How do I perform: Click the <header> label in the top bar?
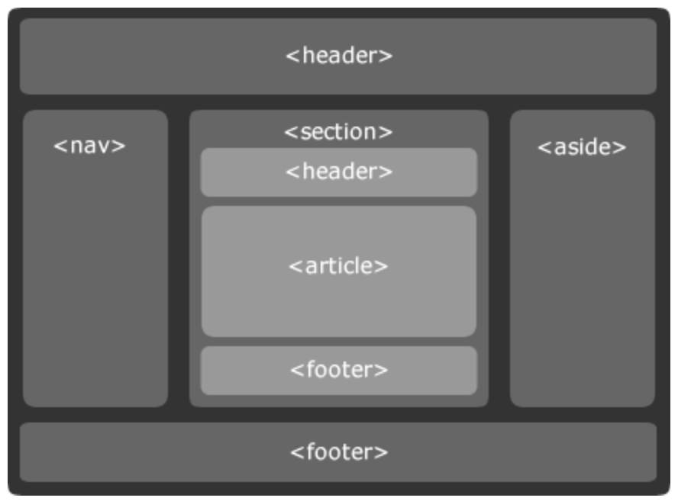click(x=339, y=56)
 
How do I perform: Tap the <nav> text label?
click(x=89, y=145)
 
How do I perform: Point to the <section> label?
click(x=338, y=131)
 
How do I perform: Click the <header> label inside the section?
click(x=339, y=172)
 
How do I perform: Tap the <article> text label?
click(x=339, y=266)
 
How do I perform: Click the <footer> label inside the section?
click(x=339, y=370)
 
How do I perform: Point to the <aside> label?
click(x=582, y=146)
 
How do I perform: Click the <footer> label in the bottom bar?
click(x=339, y=451)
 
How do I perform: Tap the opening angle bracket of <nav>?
click(x=60, y=146)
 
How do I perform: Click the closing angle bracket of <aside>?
click(x=621, y=147)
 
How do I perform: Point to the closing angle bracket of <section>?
click(x=387, y=132)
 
